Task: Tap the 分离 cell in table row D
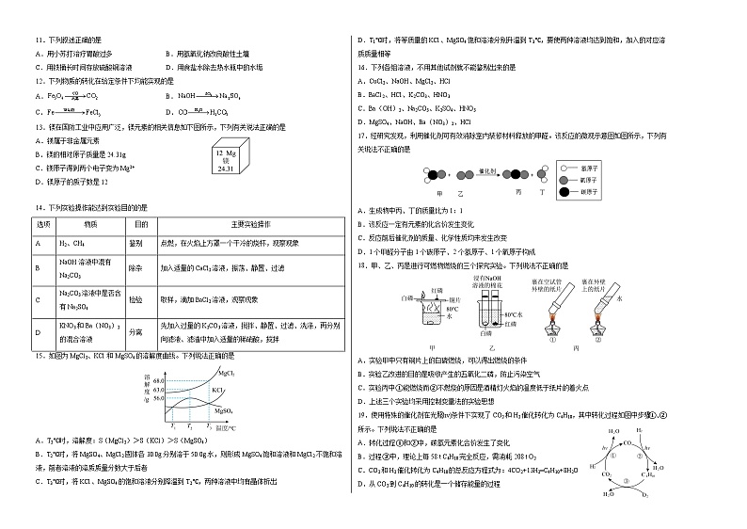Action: (140, 331)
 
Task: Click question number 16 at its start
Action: (358, 69)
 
